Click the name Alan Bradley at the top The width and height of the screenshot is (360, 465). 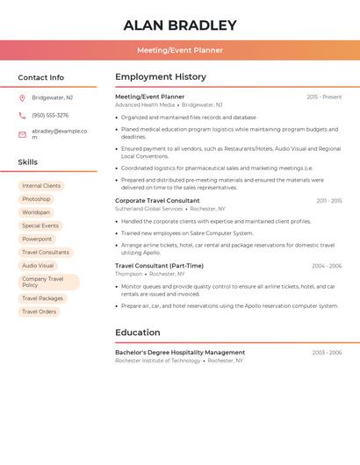[180, 25]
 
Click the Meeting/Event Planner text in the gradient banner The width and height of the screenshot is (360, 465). [180, 50]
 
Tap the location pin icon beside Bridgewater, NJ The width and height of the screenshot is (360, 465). [22, 97]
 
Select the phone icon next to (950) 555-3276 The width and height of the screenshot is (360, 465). [22, 115]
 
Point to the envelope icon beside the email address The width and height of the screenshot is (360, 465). [22, 134]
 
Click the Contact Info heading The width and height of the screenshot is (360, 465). [41, 77]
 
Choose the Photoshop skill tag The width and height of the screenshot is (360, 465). [36, 199]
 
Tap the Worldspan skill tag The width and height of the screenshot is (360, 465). [36, 212]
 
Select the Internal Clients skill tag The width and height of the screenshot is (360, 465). [41, 186]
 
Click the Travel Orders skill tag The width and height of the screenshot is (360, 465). [39, 311]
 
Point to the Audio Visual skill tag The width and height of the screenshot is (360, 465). [38, 265]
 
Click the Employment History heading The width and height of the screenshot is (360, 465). [161, 77]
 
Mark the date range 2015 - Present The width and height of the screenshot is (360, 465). [324, 97]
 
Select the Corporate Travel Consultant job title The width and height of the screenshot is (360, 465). [157, 201]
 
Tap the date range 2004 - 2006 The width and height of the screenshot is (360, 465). [327, 266]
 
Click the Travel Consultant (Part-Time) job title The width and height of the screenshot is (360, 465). [159, 266]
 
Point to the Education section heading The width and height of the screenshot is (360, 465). [138, 333]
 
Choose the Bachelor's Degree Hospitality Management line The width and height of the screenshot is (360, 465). [180, 352]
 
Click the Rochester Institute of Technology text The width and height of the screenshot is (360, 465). [158, 361]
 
